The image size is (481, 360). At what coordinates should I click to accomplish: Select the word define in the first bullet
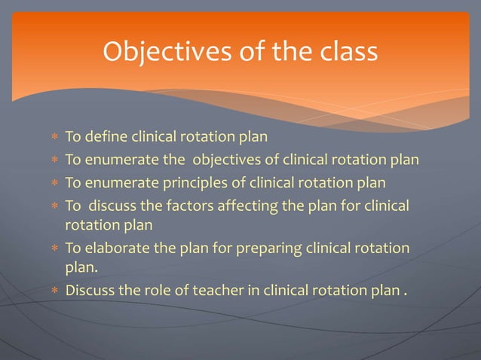[x=106, y=138]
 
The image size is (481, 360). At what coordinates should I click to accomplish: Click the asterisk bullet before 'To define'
[x=54, y=139]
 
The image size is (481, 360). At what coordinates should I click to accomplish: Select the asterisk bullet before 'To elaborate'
[x=54, y=249]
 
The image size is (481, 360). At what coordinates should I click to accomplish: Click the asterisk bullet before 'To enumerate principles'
[x=54, y=183]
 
